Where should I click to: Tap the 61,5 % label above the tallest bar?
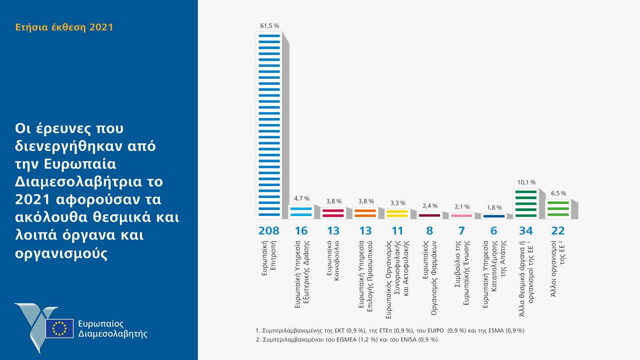(x=270, y=26)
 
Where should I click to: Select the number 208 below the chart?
(x=269, y=231)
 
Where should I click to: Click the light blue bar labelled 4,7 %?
(x=301, y=212)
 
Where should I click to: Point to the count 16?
(x=301, y=231)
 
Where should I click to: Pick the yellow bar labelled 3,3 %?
(x=397, y=214)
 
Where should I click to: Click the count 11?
(x=397, y=231)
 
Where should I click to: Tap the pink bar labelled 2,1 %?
(x=462, y=216)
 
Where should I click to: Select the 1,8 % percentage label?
(x=494, y=208)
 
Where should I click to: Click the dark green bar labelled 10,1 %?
(x=526, y=204)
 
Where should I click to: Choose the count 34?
(x=526, y=231)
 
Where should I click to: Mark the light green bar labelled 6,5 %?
(x=558, y=209)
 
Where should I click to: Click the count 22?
(x=558, y=231)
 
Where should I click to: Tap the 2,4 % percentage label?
(x=430, y=206)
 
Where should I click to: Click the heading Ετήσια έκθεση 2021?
(x=64, y=27)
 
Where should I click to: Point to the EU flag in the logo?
(x=60, y=328)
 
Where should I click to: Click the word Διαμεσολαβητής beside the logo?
(x=113, y=334)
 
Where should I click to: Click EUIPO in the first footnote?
(x=435, y=331)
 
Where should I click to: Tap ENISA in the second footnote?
(x=408, y=340)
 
